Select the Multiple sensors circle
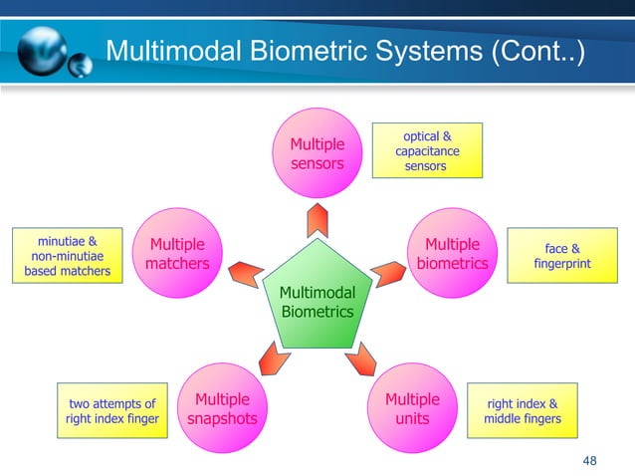pyautogui.click(x=317, y=154)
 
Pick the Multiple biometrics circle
pyautogui.click(x=453, y=255)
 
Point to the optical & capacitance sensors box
pyautogui.click(x=426, y=150)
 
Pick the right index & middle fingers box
pyautogui.click(x=522, y=411)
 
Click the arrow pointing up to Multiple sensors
pyautogui.click(x=317, y=218)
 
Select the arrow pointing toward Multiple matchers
pyautogui.click(x=246, y=270)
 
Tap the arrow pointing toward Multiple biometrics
pyautogui.click(x=387, y=270)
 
